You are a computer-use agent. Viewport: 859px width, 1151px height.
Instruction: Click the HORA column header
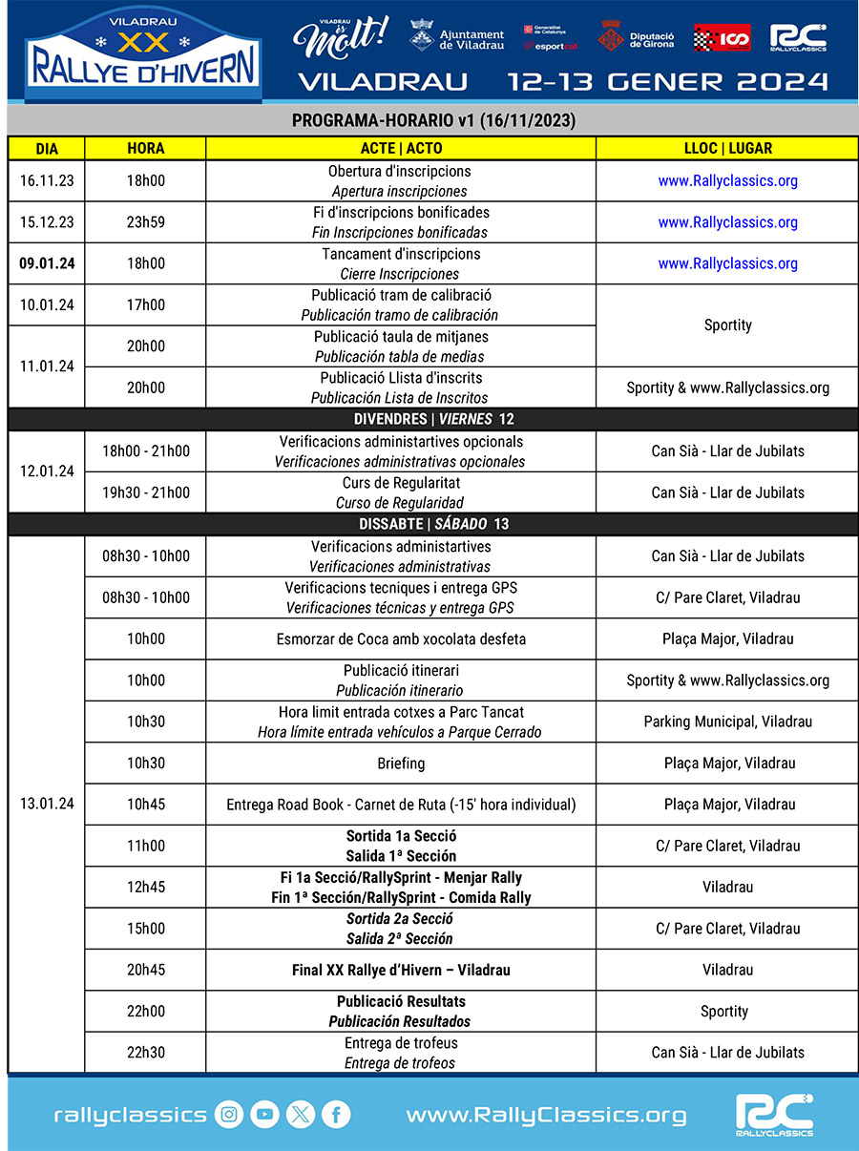145,148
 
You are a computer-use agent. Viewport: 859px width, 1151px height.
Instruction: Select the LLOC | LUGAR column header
727,148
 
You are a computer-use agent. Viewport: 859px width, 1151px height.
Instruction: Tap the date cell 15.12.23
47,222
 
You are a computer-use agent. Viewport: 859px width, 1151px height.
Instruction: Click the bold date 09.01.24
47,263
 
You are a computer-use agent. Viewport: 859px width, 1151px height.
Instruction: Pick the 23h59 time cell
145,222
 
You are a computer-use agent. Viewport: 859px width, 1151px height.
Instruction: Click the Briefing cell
401,763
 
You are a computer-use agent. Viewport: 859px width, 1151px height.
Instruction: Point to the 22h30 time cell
145,1052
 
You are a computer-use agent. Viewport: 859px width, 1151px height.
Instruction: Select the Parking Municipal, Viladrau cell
727,722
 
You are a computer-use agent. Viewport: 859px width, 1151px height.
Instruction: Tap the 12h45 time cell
145,887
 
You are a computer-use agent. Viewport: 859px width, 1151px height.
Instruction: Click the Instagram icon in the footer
229,1114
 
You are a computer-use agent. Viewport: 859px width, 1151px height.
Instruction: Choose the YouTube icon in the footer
264,1114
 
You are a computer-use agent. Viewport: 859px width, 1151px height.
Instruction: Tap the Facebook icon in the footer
336,1114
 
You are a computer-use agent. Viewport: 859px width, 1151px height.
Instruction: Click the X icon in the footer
301,1114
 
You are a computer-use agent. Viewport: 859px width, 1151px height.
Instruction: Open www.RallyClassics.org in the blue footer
546,1115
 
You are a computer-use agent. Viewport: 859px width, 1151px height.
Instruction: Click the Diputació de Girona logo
636,37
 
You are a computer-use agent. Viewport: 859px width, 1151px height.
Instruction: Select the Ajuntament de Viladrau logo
457,37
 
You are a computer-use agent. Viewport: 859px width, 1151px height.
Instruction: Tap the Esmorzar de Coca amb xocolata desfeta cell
401,638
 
